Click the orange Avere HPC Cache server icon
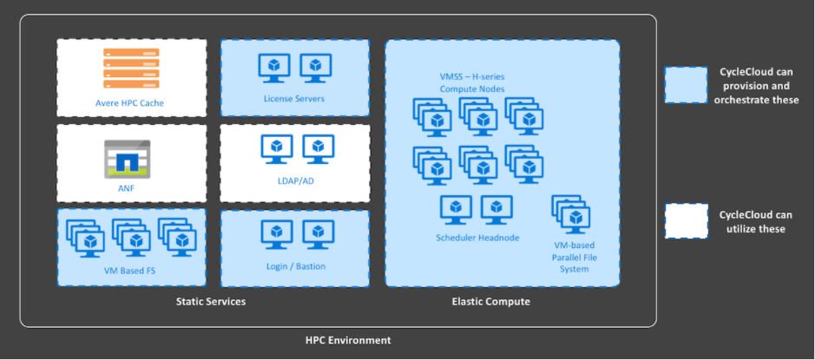131,68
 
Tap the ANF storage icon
128,159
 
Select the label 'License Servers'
294,98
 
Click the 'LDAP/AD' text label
296,181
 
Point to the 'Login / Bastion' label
296,266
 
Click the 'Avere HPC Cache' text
129,103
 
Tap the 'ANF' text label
127,188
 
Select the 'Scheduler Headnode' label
477,238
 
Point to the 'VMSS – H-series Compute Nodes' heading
472,82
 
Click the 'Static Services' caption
211,301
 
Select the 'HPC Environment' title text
348,341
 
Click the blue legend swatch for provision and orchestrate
686,85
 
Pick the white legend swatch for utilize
686,221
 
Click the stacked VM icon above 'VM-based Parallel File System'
571,214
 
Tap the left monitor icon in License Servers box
274,68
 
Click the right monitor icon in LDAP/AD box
318,149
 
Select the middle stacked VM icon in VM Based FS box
132,238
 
